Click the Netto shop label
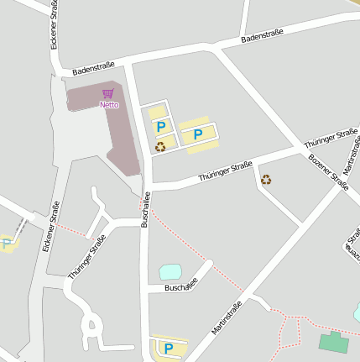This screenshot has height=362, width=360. [109, 105]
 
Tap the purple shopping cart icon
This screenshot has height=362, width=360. [107, 94]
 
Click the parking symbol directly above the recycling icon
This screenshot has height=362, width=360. [160, 127]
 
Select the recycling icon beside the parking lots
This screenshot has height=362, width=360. [159, 146]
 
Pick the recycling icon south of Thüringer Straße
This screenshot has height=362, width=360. [266, 179]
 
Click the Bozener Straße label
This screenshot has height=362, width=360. [328, 172]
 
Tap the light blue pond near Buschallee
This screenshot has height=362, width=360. [170, 271]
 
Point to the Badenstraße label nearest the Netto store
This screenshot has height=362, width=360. [93, 68]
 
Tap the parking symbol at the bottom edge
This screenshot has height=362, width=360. [168, 348]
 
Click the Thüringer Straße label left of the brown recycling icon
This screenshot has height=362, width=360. [225, 172]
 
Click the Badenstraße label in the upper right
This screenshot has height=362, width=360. [262, 35]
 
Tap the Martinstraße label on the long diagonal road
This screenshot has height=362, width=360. [227, 317]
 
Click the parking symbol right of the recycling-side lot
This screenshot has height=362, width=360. [198, 134]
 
